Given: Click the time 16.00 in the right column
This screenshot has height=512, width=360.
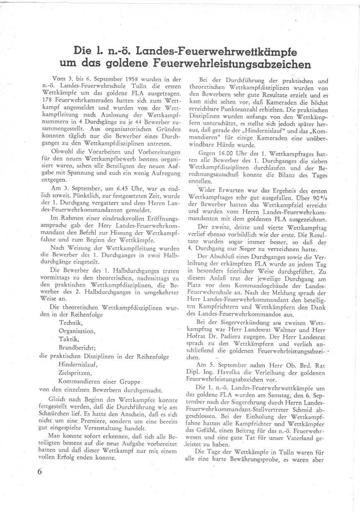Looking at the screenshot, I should click(x=231, y=153).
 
